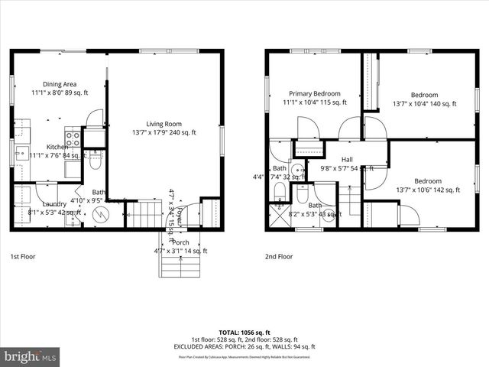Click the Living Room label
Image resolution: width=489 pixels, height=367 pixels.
(x=164, y=123)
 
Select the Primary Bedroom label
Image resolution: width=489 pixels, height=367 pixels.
(x=315, y=93)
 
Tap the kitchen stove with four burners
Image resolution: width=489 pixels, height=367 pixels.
(x=73, y=138)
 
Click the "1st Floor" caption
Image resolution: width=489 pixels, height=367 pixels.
(x=25, y=257)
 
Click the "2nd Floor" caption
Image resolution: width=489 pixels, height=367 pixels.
(x=279, y=257)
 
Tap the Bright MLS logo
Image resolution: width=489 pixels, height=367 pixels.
(x=31, y=356)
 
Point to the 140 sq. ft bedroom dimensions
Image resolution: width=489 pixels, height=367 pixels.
(x=424, y=104)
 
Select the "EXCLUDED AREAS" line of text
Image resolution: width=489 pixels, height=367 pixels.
(x=244, y=346)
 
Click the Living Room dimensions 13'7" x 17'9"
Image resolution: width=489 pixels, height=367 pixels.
(x=164, y=132)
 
